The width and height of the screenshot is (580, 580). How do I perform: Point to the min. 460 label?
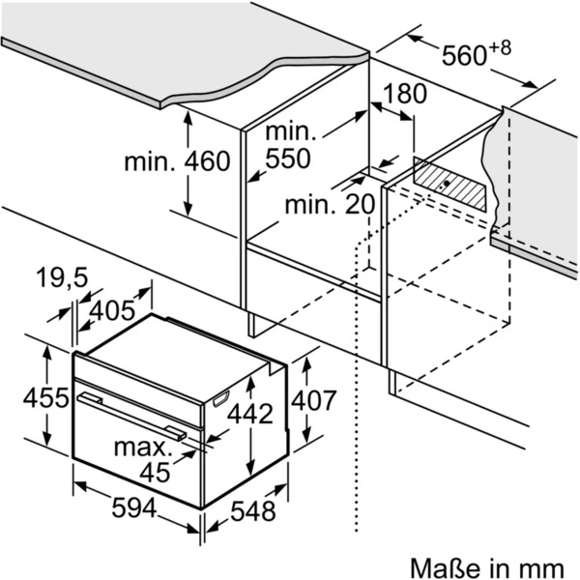pos(177,160)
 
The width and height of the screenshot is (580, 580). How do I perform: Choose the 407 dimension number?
pos(314,399)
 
